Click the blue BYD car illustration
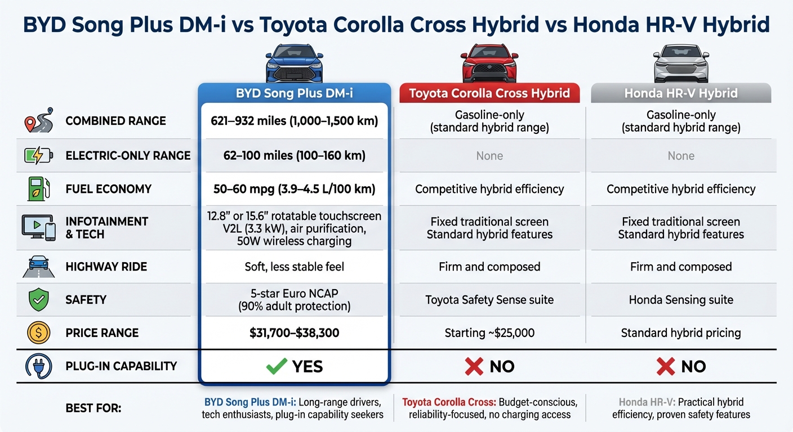click(294, 63)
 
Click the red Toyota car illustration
click(489, 63)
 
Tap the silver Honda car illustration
click(680, 63)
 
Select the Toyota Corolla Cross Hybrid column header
click(489, 93)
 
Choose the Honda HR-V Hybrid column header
click(680, 93)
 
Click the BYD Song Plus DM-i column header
click(294, 93)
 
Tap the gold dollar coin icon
click(38, 333)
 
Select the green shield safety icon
click(38, 300)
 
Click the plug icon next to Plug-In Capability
click(38, 366)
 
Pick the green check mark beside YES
click(276, 367)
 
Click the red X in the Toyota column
click(474, 367)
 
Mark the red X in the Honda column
click(665, 367)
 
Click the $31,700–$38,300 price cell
click(294, 333)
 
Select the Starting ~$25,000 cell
click(489, 333)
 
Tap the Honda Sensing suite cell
click(680, 300)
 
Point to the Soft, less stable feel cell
click(294, 267)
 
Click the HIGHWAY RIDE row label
click(106, 267)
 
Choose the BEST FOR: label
click(93, 408)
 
